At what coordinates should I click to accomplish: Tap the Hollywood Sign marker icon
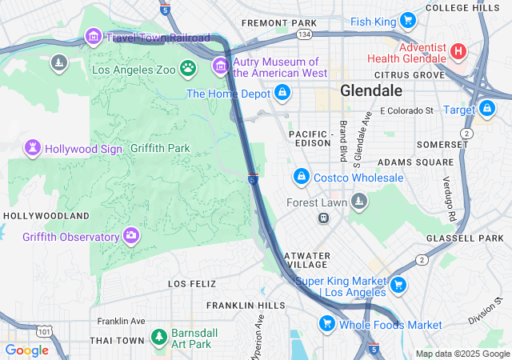[33, 148]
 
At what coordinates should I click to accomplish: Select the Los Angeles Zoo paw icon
[188, 69]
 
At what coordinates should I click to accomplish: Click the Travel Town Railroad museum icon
[94, 37]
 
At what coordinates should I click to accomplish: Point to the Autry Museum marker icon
[219, 66]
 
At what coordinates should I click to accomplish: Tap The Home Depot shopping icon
[282, 94]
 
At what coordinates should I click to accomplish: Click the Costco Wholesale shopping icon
[302, 176]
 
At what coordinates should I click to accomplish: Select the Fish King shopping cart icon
[407, 19]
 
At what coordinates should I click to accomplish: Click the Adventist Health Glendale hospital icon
[458, 50]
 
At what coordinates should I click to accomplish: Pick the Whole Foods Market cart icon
[326, 323]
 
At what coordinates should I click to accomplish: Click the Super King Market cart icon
[398, 284]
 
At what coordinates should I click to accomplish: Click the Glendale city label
[370, 90]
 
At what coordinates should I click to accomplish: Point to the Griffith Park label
[160, 148]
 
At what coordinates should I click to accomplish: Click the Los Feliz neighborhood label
[191, 284]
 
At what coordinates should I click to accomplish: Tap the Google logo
[27, 350]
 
